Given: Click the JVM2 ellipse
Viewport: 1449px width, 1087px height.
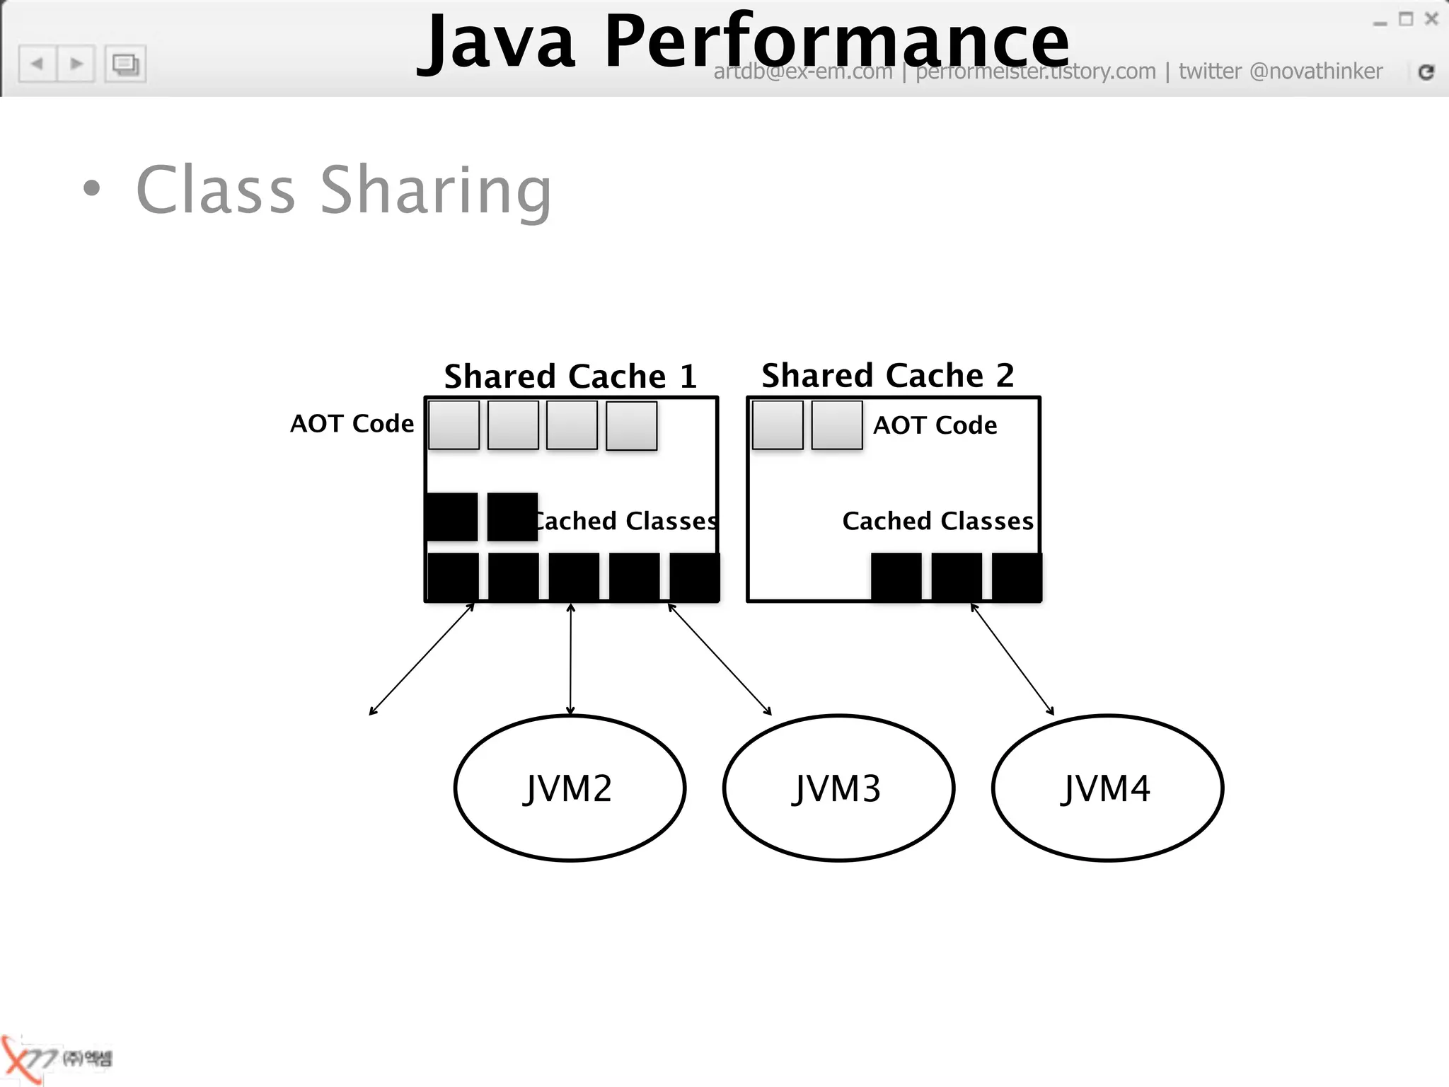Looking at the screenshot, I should tap(570, 788).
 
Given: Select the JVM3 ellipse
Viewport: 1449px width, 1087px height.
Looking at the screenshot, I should tap(838, 788).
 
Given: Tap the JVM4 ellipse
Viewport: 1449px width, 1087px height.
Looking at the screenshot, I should tap(1107, 788).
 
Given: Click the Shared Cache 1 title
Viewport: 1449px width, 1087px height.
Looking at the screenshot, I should tap(570, 376).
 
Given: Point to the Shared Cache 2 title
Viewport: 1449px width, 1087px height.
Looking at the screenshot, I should tap(887, 375).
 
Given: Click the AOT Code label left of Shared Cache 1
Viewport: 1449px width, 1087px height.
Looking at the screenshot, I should tap(352, 423).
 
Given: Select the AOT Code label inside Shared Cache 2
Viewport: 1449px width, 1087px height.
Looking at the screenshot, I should tap(935, 425).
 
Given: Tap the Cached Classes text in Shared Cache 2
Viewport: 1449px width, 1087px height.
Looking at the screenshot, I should tap(937, 521).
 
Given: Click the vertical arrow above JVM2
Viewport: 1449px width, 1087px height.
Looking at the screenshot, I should tap(570, 658).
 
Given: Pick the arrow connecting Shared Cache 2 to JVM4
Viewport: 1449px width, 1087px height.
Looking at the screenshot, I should tap(1012, 659).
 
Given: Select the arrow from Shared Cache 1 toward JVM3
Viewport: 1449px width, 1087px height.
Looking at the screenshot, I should tap(720, 659).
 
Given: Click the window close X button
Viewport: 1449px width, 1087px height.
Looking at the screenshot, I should tap(1431, 19).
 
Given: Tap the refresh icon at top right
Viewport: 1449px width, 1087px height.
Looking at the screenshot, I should tap(1426, 71).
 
